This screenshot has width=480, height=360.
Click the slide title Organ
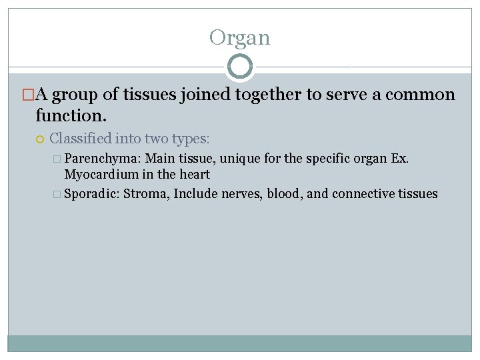(239, 37)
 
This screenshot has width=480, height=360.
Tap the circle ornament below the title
(240, 67)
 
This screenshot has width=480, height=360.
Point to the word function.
(71, 115)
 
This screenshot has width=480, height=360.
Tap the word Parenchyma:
(103, 159)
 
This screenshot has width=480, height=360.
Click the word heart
(196, 175)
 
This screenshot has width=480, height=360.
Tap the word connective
(363, 194)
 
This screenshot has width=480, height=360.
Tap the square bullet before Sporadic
(57, 195)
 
